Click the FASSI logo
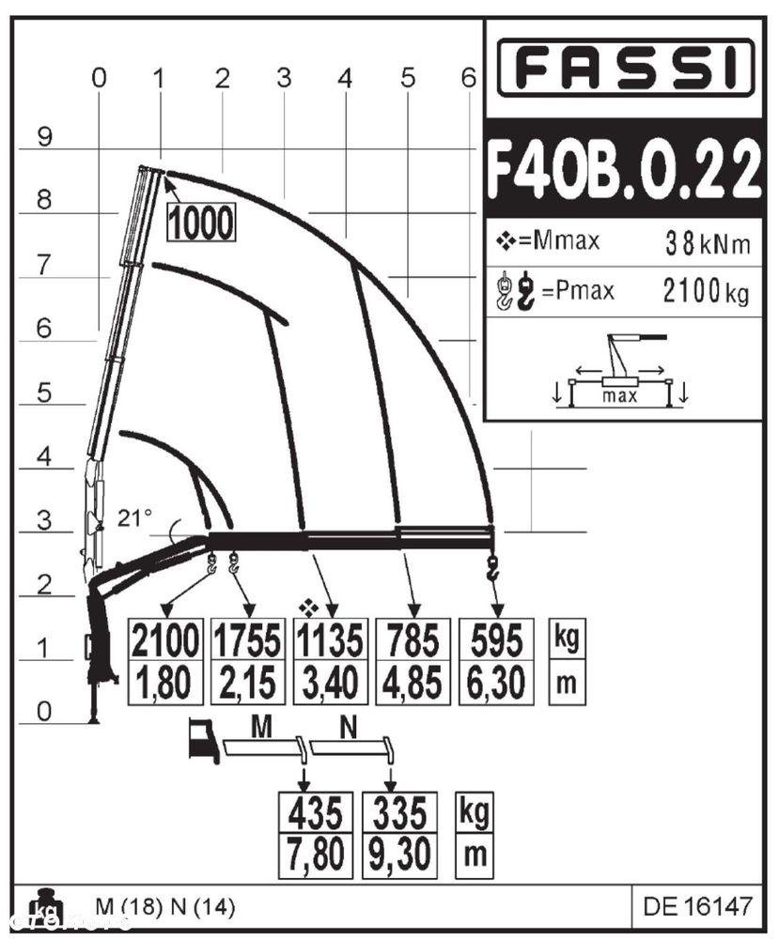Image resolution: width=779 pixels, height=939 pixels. tap(626, 67)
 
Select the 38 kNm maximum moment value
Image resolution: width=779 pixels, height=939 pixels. tap(708, 243)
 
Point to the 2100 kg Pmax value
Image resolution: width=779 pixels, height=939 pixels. tap(706, 292)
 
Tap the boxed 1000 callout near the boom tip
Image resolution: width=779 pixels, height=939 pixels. tap(201, 223)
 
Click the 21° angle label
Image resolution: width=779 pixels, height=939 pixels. tap(134, 517)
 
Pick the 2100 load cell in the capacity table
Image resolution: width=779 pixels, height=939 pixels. tap(165, 639)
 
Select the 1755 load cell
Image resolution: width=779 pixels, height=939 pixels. tap(247, 639)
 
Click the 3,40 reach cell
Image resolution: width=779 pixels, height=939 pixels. tap(330, 683)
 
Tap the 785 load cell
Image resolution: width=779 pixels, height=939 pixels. tap(413, 639)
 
